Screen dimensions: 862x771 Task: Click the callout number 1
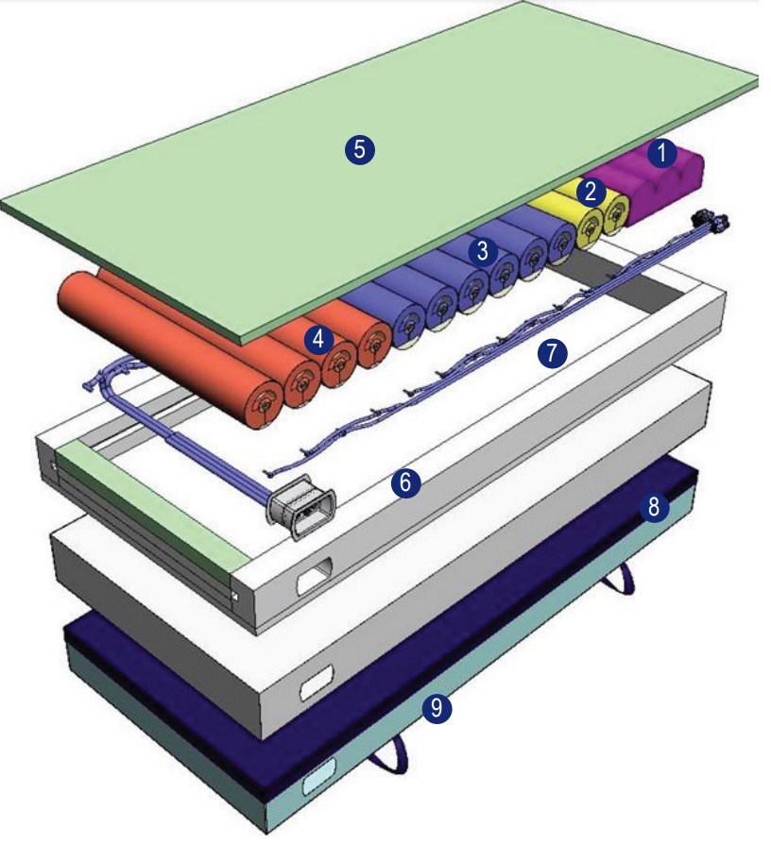[662, 150]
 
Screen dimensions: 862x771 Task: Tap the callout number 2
[591, 192]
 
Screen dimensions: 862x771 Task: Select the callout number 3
[483, 250]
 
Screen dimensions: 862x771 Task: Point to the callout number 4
[318, 337]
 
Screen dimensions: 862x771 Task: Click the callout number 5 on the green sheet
[360, 147]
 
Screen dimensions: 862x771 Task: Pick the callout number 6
[404, 483]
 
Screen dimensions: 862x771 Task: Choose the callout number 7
[552, 353]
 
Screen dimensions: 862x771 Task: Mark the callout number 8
[653, 506]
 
